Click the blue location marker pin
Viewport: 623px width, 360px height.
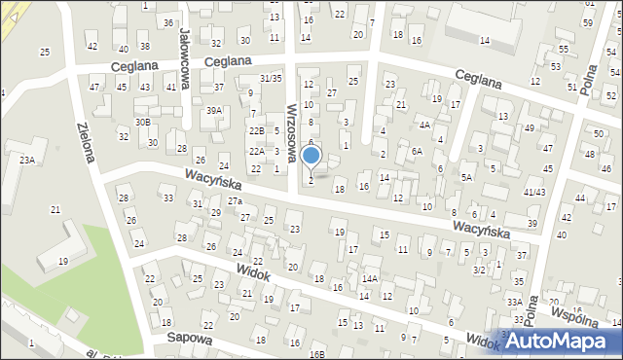[311, 156]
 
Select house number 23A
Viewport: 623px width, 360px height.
[26, 160]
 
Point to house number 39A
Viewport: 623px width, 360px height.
[213, 111]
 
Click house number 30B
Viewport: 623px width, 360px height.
[142, 122]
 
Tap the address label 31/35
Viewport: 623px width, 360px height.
[271, 78]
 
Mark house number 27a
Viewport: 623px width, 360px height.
[235, 200]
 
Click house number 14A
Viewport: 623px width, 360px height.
[369, 278]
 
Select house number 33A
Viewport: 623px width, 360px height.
[514, 303]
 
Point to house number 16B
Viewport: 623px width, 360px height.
[317, 354]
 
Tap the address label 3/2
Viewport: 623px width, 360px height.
[478, 270]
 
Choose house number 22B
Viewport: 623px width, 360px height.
[256, 130]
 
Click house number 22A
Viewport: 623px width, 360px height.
[256, 151]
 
